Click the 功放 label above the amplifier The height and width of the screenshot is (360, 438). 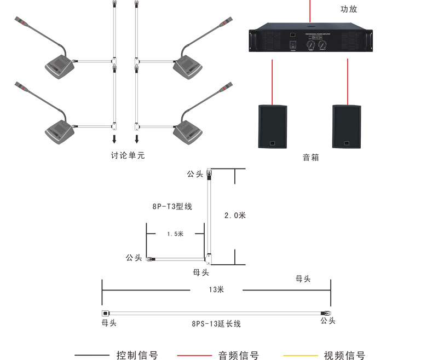pos(349,9)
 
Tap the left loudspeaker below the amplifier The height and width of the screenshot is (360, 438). pos(273,126)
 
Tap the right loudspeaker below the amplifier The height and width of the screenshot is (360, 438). pos(347,126)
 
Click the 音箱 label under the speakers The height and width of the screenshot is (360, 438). pos(310,158)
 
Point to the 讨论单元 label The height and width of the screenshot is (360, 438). pos(128,155)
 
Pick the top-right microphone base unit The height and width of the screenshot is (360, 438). pos(188,66)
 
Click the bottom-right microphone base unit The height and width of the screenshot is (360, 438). pos(188,130)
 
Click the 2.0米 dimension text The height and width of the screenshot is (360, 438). pos(235,216)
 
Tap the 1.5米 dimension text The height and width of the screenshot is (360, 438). pos(175,234)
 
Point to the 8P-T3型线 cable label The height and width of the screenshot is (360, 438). pos(172,207)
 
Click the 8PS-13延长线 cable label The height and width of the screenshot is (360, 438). pos(216,324)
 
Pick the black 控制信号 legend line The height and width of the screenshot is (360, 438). pos(92,356)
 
